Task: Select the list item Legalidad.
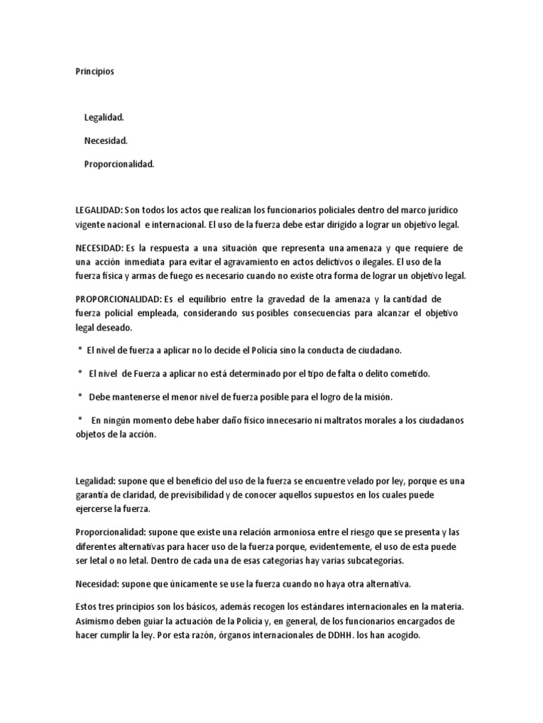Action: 104,116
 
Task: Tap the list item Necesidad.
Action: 105,141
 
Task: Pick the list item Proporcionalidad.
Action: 119,165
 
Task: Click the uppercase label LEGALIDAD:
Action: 99,210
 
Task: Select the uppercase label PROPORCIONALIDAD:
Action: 115,299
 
